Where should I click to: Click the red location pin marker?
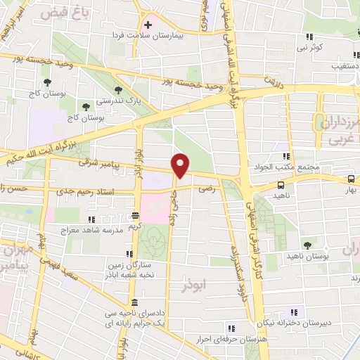181,166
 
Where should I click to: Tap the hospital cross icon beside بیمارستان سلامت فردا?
148,25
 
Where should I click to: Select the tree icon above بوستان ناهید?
307,245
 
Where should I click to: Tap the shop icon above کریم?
136,215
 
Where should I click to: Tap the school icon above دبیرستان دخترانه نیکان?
293,311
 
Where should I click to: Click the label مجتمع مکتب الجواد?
285,167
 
